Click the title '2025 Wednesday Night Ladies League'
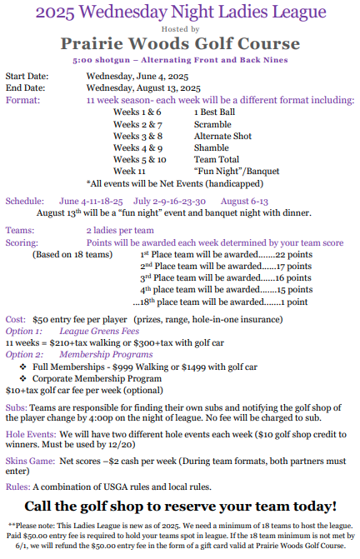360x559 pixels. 180,12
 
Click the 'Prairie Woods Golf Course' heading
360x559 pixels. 180,43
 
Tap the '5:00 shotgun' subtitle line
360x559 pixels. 180,61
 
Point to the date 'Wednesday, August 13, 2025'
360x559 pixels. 143,87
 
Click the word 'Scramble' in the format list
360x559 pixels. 212,123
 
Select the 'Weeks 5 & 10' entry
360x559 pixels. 139,159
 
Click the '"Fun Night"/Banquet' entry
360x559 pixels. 230,171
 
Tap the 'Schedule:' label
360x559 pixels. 28,201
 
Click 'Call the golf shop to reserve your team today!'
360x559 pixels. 180,506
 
